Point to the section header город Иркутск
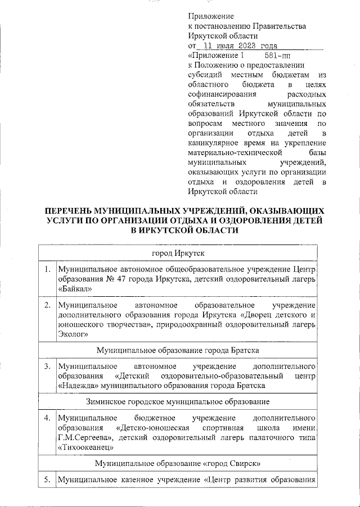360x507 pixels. point(179,254)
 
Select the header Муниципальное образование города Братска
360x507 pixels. point(179,350)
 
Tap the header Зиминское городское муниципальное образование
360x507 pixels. point(179,402)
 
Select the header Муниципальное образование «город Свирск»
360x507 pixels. point(179,464)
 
